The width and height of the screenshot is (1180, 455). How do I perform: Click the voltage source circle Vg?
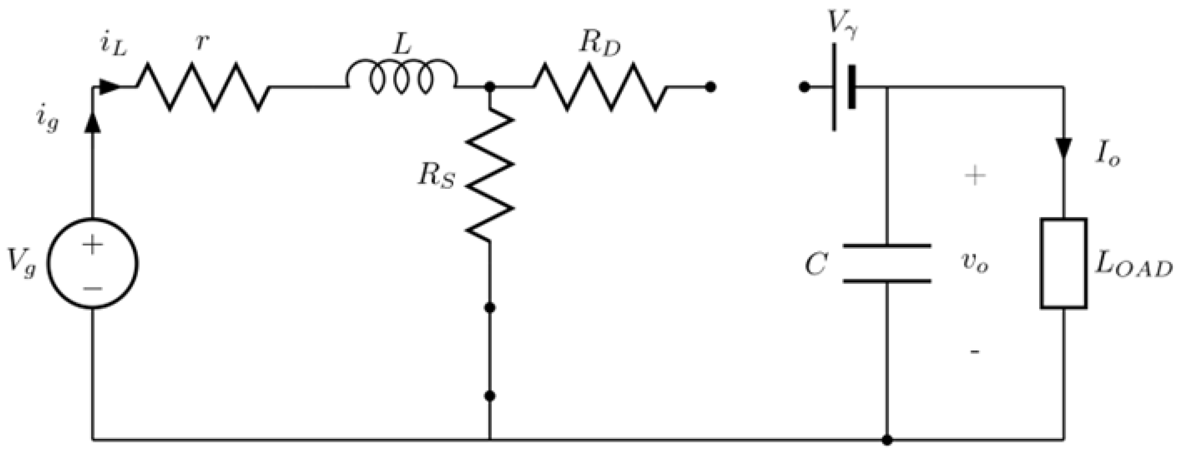pos(93,263)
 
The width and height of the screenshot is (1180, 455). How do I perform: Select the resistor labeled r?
pos(203,87)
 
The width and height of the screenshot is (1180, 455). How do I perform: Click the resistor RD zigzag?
pos(600,87)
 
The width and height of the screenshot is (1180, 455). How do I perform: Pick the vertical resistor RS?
pos(490,174)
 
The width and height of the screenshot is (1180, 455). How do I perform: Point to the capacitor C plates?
pos(887,263)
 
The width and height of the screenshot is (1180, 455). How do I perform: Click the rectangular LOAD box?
pos(1063,264)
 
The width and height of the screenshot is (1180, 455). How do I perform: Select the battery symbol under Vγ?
pos(843,87)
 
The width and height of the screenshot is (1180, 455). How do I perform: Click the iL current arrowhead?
pos(109,87)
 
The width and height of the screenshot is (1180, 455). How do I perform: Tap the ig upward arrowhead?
pos(93,124)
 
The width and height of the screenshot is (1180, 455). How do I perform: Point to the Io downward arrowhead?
pos(1063,149)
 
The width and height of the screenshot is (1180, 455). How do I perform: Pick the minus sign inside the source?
pos(93,289)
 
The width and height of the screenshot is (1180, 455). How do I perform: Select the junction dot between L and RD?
pos(490,87)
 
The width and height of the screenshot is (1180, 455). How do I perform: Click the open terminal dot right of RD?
pos(711,87)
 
